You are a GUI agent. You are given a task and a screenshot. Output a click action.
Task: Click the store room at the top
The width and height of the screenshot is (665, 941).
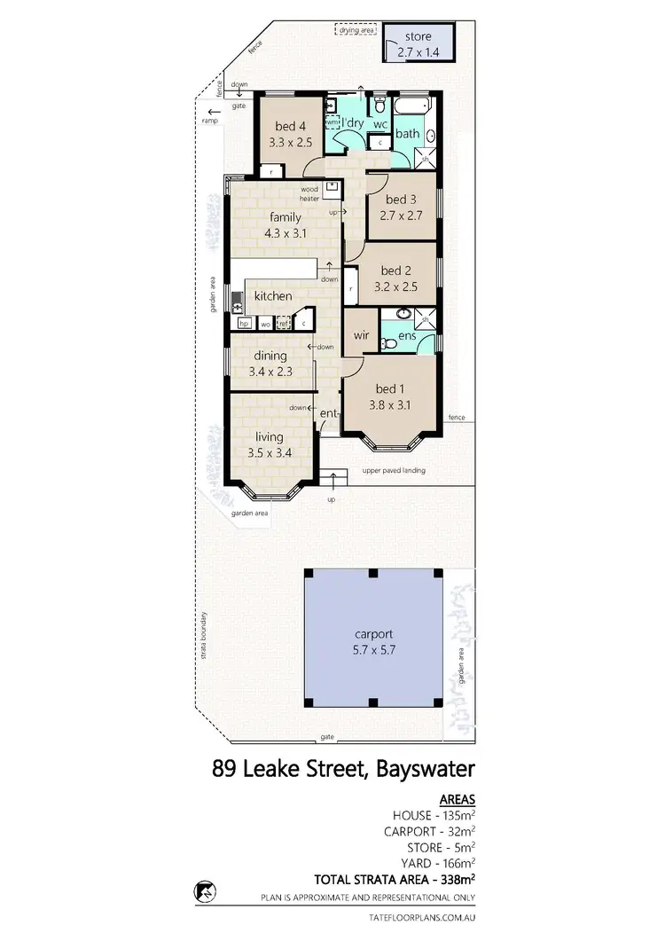418,43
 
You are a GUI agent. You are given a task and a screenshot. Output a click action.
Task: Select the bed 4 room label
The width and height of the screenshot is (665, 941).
290,125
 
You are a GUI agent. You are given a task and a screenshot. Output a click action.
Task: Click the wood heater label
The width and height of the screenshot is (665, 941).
309,192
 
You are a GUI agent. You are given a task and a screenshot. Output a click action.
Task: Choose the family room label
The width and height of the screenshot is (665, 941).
284,217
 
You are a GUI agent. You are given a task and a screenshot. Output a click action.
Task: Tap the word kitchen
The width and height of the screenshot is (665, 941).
273,295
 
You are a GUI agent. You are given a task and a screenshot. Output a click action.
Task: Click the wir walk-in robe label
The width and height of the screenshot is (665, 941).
361,335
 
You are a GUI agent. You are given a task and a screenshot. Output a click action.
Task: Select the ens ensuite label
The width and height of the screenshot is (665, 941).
407,336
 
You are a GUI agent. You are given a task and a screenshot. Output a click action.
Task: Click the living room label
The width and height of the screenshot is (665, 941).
270,436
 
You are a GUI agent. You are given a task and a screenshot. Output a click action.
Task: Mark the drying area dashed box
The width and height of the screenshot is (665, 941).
356,31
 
